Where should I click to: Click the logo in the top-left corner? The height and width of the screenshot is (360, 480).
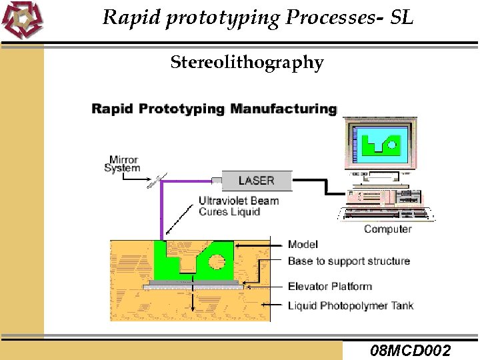(21, 19)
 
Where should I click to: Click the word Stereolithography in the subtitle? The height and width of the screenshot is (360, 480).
(247, 63)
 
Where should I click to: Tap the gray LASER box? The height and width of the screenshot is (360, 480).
(256, 180)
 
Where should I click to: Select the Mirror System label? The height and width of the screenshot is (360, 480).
(122, 164)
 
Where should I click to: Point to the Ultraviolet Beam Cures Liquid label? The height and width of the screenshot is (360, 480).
(238, 206)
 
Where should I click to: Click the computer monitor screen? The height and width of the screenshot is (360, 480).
(379, 143)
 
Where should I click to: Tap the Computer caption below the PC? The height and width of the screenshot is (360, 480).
(387, 229)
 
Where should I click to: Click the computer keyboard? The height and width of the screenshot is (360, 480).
(387, 214)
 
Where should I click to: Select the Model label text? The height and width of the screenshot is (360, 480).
(303, 245)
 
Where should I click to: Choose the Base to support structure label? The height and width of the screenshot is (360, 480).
(348, 261)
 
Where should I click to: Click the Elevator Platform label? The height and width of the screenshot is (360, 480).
(329, 286)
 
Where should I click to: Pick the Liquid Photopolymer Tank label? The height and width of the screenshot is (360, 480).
(350, 305)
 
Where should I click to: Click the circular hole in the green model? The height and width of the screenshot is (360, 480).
(217, 260)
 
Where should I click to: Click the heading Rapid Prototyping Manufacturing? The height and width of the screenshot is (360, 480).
(214, 108)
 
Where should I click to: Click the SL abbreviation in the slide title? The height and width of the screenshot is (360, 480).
(401, 18)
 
